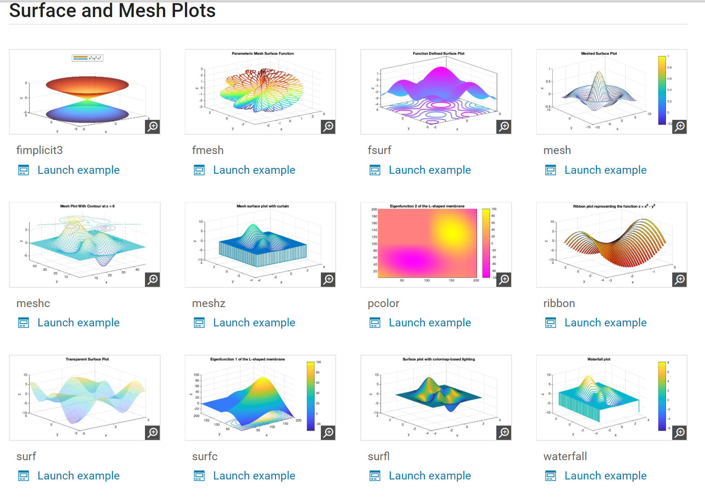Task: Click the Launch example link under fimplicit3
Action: point(78,170)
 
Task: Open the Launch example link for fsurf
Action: point(429,170)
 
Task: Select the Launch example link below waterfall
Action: point(605,476)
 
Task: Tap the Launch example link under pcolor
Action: point(429,323)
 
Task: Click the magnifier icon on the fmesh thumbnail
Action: point(328,127)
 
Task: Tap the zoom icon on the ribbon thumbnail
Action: point(680,280)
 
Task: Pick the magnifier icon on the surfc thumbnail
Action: point(328,433)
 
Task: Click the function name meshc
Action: point(33,303)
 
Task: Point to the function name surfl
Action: point(379,457)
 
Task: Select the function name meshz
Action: point(209,303)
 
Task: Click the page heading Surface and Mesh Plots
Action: point(112,11)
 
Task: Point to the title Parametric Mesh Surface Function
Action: point(263,53)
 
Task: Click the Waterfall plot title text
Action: point(599,359)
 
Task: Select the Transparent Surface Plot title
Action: point(87,359)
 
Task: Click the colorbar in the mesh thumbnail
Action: point(661,90)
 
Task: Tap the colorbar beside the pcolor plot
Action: point(486,243)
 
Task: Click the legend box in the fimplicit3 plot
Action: point(88,58)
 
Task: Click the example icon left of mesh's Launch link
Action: point(551,170)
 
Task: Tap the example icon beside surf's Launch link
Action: point(24,476)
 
